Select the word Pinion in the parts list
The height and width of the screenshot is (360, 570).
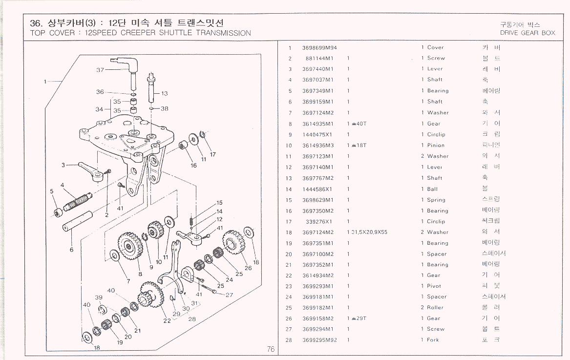(436, 145)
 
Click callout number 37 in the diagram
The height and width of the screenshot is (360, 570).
(100, 70)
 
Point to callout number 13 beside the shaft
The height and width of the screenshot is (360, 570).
(164, 93)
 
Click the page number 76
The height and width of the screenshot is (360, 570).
(271, 349)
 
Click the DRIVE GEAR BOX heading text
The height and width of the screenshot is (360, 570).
(528, 33)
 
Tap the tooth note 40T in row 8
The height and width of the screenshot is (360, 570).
(362, 124)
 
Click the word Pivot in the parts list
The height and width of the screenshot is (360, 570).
(434, 286)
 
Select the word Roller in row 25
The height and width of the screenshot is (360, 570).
(435, 308)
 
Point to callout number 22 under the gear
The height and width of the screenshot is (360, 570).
(167, 320)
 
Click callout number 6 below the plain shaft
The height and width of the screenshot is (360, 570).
(71, 250)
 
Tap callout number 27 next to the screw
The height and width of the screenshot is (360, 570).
(229, 295)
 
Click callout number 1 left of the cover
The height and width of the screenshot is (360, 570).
(45, 82)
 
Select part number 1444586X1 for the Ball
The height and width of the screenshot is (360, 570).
(317, 189)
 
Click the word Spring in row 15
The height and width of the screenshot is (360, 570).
(436, 200)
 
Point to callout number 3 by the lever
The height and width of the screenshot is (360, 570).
(63, 165)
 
